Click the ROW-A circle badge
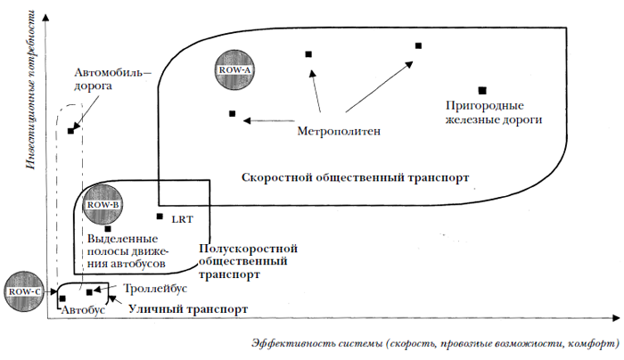click(x=235, y=69)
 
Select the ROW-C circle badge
click(x=23, y=291)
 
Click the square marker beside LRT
click(x=160, y=217)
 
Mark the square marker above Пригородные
click(x=482, y=90)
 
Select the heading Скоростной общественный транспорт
click(x=354, y=177)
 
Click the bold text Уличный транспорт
click(x=186, y=308)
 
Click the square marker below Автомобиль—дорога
click(x=70, y=131)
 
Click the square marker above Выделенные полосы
click(x=107, y=228)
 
